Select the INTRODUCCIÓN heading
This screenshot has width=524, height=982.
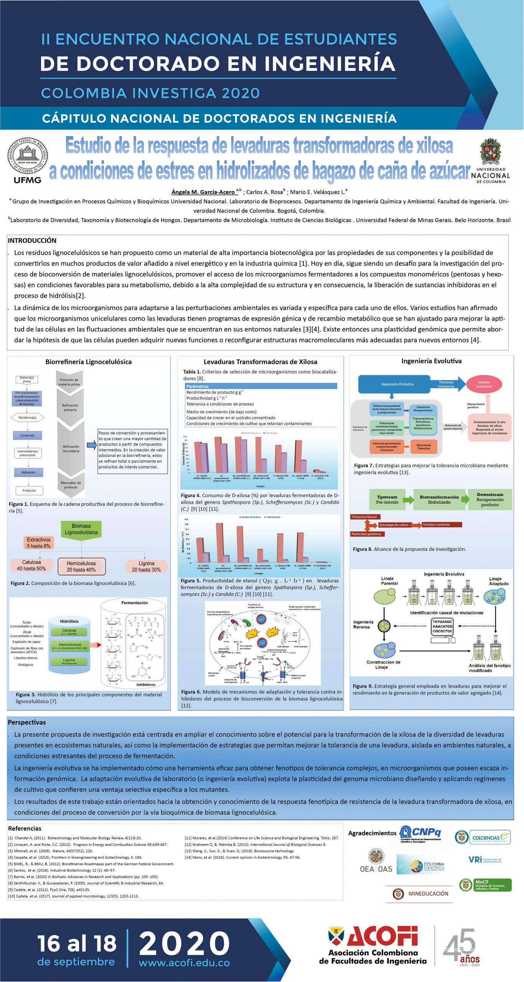[32, 241]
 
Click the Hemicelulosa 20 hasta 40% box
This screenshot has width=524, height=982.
[81, 566]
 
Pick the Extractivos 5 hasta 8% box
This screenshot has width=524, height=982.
[38, 542]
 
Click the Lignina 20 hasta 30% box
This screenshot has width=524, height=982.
[146, 566]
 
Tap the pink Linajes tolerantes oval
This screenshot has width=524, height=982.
[484, 384]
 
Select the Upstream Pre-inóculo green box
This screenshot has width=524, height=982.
[387, 499]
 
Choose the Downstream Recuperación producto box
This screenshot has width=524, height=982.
[490, 499]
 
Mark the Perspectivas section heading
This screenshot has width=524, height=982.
[27, 722]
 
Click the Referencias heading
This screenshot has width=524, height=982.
[25, 828]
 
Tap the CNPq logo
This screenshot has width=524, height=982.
[421, 833]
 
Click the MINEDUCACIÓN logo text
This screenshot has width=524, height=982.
[428, 893]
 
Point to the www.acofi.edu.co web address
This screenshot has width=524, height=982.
[184, 962]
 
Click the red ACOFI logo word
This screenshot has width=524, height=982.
[382, 936]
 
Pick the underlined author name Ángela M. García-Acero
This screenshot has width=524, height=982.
[203, 192]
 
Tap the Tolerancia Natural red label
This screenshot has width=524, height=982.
[364, 517]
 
